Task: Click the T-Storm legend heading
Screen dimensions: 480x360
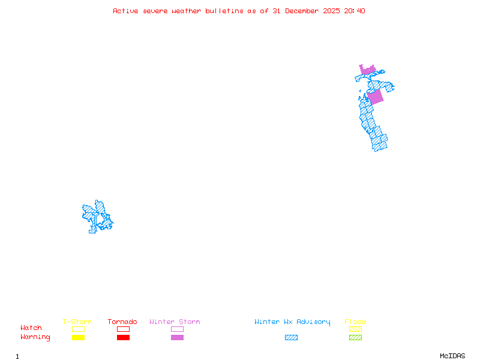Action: [x=77, y=322]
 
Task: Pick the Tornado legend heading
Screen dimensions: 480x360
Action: [x=122, y=322]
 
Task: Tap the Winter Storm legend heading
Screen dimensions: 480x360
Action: [x=175, y=322]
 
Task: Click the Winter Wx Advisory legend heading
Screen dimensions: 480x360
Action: [x=292, y=322]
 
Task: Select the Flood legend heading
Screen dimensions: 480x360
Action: [x=355, y=322]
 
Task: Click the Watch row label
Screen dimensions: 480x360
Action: [x=31, y=328]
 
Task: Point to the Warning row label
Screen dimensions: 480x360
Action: [x=35, y=337]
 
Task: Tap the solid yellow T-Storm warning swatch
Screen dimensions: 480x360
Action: [x=78, y=338]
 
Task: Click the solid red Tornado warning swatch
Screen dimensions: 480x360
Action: [x=123, y=338]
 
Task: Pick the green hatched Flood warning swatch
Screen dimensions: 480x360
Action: [x=355, y=338]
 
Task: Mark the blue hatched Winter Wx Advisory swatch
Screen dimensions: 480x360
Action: [x=291, y=338]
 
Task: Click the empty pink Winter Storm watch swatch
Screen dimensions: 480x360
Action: [x=177, y=329]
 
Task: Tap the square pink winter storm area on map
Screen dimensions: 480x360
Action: [x=375, y=97]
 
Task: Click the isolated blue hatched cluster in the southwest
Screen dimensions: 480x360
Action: [x=97, y=217]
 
